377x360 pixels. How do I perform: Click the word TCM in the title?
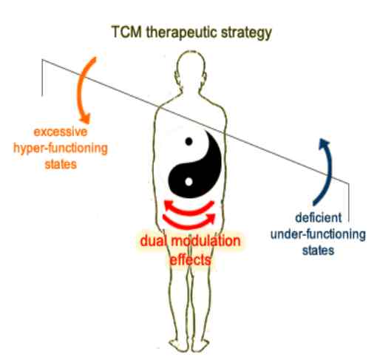[126, 32]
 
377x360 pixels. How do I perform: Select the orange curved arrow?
[83, 89]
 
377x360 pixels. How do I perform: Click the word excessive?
[61, 132]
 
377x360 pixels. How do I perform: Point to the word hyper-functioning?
[61, 149]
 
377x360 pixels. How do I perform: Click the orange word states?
[61, 164]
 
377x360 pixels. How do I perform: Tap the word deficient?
[319, 218]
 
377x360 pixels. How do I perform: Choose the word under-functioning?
[318, 234]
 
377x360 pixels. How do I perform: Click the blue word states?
[318, 251]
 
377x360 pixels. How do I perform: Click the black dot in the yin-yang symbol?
[188, 141]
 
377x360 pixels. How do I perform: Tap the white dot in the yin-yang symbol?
[188, 182]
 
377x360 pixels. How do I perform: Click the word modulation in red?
[206, 241]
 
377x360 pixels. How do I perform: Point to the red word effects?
[190, 260]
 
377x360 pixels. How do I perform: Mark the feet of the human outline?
[189, 344]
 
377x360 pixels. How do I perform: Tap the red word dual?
[153, 241]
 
